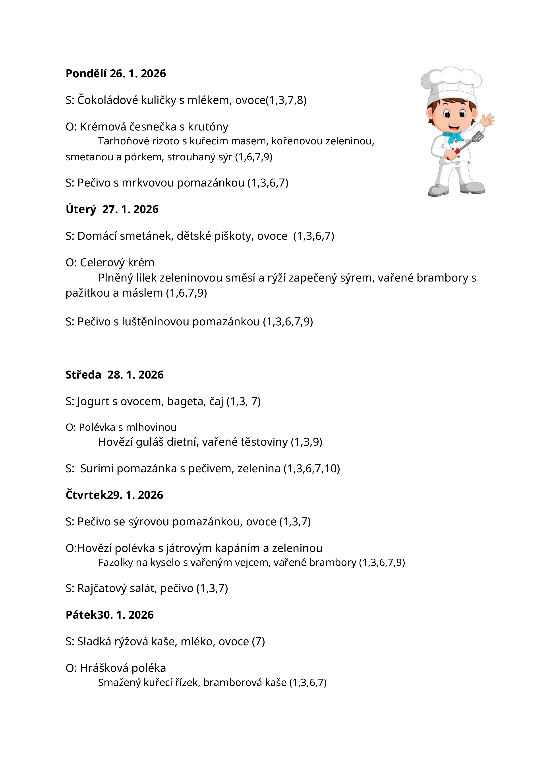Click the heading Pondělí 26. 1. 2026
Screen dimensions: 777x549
(116, 74)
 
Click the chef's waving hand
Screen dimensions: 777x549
(487, 120)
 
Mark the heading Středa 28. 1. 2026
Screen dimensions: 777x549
(114, 375)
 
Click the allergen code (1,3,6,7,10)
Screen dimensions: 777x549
(311, 468)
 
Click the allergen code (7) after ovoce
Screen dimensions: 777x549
(258, 641)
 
